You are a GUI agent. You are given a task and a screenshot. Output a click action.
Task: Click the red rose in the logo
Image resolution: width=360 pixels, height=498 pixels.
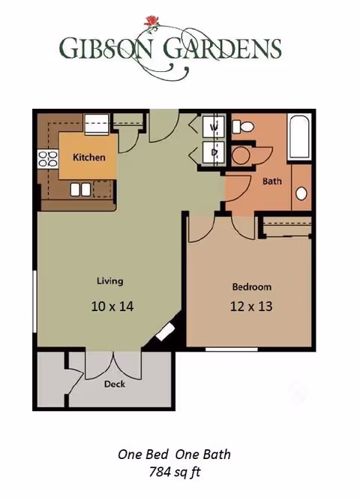tap(151, 21)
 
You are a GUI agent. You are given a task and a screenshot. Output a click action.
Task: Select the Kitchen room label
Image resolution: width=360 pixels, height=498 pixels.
tap(89, 157)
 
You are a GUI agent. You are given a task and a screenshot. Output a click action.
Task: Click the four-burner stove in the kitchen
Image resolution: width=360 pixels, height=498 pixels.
tap(48, 159)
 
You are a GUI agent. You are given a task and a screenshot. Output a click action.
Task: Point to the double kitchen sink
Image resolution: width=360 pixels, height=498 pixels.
tap(80, 190)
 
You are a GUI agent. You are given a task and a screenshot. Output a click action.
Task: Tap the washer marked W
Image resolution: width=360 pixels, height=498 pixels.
tap(214, 127)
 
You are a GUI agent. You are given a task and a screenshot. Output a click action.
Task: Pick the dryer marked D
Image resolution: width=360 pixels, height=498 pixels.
tap(214, 152)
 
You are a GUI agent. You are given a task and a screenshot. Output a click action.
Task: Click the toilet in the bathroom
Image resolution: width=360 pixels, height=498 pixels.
tap(243, 127)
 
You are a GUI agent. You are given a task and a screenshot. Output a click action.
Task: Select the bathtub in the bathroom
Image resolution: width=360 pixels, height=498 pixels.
tap(299, 137)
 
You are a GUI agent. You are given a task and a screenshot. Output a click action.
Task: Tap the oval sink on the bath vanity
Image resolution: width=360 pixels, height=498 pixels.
tap(301, 193)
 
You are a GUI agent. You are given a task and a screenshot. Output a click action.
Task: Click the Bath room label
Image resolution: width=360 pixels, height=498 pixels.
tap(272, 181)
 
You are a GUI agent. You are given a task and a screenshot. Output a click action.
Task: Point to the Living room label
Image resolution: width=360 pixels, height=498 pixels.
tap(110, 281)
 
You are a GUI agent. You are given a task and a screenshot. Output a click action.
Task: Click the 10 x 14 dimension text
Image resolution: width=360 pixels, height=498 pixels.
tap(112, 307)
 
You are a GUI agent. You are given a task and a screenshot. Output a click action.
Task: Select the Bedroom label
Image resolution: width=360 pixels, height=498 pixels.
tap(252, 286)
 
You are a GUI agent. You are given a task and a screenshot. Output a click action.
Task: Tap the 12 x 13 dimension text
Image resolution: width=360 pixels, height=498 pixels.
tap(251, 307)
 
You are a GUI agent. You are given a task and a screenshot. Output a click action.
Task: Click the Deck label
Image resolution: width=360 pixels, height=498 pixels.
tap(115, 384)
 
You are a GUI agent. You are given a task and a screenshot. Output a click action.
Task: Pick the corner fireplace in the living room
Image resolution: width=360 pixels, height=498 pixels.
tap(165, 332)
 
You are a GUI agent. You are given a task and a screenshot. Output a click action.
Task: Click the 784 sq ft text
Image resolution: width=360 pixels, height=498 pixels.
tap(175, 472)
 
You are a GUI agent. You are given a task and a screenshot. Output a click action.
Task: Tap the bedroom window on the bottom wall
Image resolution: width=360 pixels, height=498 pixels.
tap(231, 349)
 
